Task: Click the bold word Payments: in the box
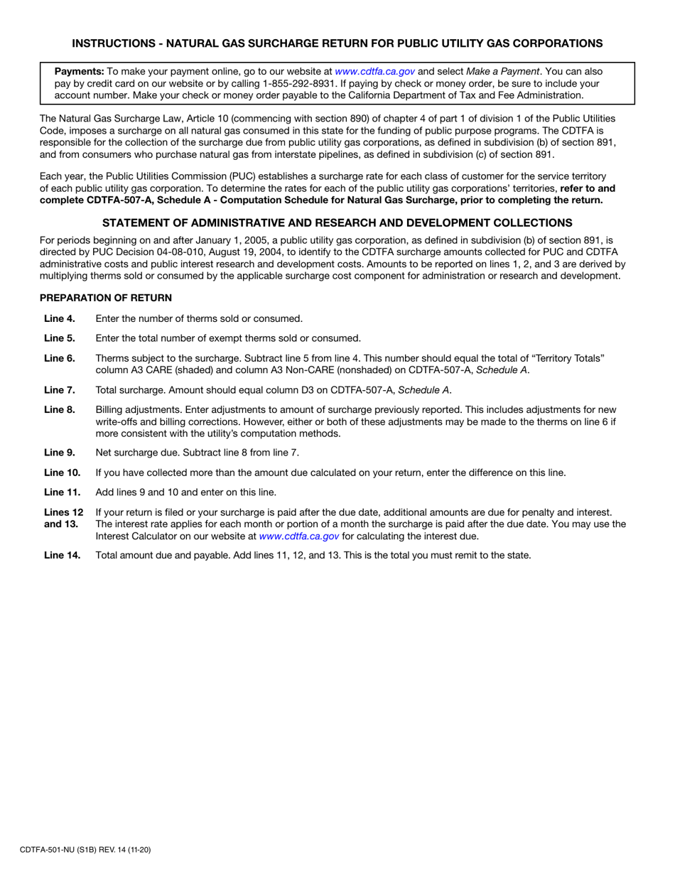tap(79, 72)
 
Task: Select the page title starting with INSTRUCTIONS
tap(337, 43)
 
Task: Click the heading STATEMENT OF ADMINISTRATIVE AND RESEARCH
tap(337, 222)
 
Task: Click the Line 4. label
tap(60, 318)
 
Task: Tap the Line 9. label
tap(60, 452)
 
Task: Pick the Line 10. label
tap(62, 472)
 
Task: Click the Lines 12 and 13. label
tap(63, 518)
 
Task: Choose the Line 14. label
tap(62, 555)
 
